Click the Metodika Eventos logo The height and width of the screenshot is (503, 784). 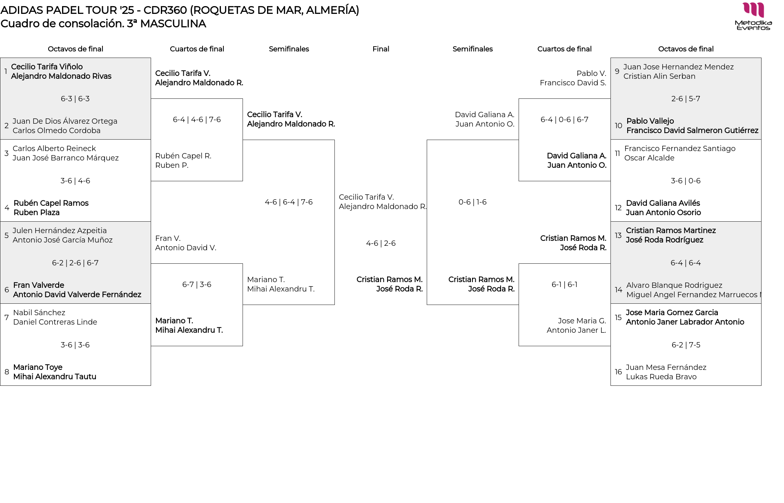pos(753,16)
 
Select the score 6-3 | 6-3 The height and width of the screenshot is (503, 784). pos(75,99)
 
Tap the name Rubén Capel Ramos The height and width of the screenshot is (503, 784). pos(51,203)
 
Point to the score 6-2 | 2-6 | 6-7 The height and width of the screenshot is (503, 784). pos(75,263)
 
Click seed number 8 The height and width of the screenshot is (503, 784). pos(7,372)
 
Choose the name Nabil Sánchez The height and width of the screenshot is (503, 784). pos(39,313)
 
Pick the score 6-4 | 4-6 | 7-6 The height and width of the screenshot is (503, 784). pos(197,120)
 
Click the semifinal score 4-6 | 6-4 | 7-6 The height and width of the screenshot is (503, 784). pos(289,202)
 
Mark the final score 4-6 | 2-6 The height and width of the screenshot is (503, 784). pos(381,243)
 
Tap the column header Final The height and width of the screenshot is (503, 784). pos(381,49)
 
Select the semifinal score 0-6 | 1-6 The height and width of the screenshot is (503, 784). pos(472,202)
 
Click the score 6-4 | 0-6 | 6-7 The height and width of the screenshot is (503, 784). pos(564,120)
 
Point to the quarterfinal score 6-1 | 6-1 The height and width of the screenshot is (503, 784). pos(564,285)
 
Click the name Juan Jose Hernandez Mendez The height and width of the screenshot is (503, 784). pos(678,67)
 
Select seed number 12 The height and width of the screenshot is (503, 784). pos(618,208)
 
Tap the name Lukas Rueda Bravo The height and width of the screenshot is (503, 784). pos(661,377)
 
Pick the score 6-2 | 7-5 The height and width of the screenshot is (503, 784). pos(686,345)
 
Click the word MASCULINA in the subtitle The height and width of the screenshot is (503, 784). pos(173,24)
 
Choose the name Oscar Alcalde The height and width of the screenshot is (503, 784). pos(649,158)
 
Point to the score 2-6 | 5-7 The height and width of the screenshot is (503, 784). pos(686,99)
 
